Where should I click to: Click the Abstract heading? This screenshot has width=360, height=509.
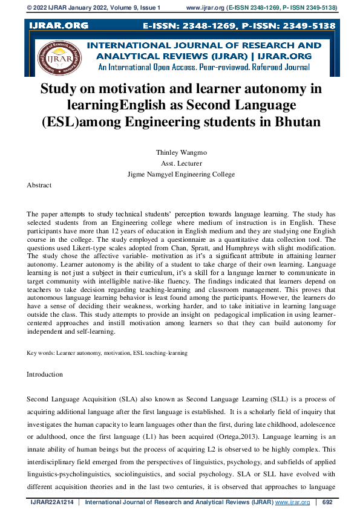click(x=39, y=185)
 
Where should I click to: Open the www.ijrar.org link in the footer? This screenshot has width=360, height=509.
click(x=292, y=502)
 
